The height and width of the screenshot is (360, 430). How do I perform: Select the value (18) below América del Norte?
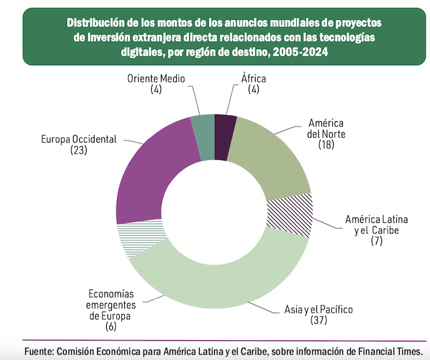[x=326, y=145]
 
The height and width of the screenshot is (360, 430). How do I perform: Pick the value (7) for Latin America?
[x=377, y=241]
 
